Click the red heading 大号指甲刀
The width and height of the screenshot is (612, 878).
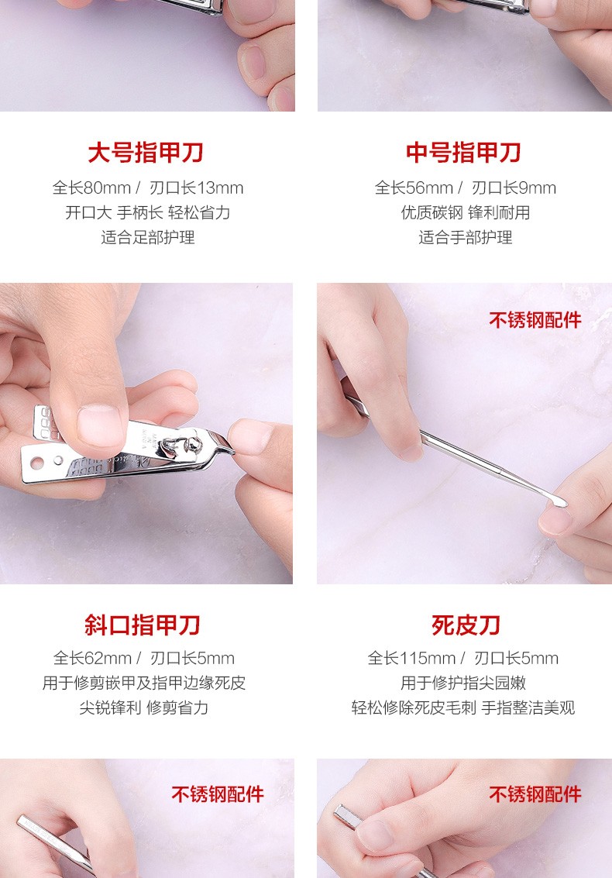pos(146,153)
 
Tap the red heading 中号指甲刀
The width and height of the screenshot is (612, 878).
pos(463,153)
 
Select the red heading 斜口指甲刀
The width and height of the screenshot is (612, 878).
pos(143,625)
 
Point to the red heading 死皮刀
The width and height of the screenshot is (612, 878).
pos(466,625)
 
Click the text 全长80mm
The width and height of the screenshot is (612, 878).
pos(91,188)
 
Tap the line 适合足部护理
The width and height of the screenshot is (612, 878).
pos(148,237)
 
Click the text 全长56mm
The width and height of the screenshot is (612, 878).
pos(414,188)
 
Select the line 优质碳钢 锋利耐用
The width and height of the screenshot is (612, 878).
pos(466,213)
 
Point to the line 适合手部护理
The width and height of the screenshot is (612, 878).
pos(466,237)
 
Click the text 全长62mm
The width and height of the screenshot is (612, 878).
pos(92,658)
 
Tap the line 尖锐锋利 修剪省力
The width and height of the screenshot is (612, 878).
pos(144,708)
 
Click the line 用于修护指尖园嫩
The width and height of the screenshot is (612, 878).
pos(463,683)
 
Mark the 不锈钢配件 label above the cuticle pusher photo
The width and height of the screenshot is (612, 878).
pos(535,320)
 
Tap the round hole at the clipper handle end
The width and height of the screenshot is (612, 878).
pos(37,463)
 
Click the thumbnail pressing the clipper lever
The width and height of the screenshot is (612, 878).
pos(100,425)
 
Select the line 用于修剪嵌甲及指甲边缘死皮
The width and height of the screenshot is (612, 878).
pos(144,683)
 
